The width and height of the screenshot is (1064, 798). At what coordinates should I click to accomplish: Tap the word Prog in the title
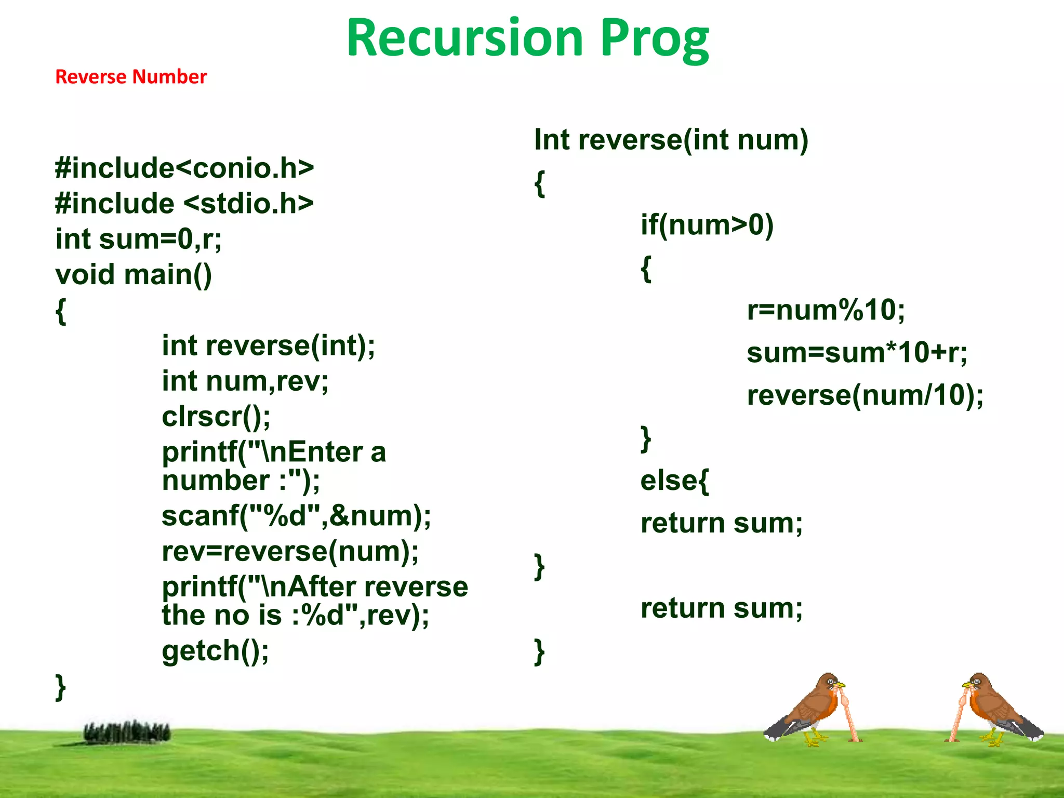click(x=655, y=39)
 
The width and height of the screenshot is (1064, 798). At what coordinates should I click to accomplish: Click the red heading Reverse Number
click(x=131, y=77)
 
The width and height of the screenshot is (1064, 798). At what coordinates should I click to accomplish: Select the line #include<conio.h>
click(x=184, y=168)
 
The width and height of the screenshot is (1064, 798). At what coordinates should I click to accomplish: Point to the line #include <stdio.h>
click(x=184, y=203)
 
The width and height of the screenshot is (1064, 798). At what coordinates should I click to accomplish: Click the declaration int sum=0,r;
click(x=139, y=239)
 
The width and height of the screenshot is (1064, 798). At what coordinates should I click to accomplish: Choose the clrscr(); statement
click(x=216, y=416)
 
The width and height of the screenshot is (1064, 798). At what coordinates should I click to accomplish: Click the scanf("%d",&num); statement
click(x=296, y=516)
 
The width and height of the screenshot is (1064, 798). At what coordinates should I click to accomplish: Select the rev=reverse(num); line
click(x=290, y=551)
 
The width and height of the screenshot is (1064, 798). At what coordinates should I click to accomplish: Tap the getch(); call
click(x=216, y=650)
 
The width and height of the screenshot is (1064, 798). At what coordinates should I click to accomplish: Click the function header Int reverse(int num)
click(x=671, y=140)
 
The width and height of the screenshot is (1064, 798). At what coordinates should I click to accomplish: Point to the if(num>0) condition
click(x=707, y=225)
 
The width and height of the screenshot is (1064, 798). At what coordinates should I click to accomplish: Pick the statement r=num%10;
click(x=826, y=310)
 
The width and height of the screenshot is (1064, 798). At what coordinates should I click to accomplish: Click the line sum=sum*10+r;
click(x=857, y=353)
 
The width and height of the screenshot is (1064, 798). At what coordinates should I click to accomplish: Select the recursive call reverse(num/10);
click(x=865, y=395)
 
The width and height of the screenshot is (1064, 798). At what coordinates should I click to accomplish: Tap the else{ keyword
click(x=674, y=481)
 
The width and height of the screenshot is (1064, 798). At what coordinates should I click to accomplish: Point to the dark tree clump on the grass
click(x=127, y=733)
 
